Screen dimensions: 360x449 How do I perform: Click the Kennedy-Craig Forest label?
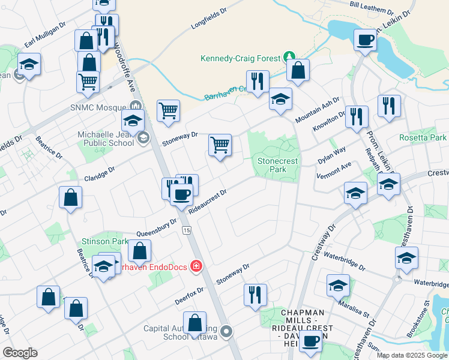pyautogui.click(x=240, y=58)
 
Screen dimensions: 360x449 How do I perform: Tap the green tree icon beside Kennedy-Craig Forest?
pyautogui.click(x=289, y=57)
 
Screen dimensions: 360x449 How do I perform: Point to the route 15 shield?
pyautogui.click(x=187, y=230)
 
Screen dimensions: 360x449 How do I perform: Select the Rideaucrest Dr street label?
pyautogui.click(x=207, y=202)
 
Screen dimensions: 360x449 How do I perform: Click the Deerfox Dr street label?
pyautogui.click(x=188, y=293)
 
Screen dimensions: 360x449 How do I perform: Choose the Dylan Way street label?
pyautogui.click(x=332, y=154)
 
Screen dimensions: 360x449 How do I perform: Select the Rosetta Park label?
pyautogui.click(x=423, y=137)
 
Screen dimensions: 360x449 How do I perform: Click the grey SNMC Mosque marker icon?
pyautogui.click(x=136, y=106)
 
